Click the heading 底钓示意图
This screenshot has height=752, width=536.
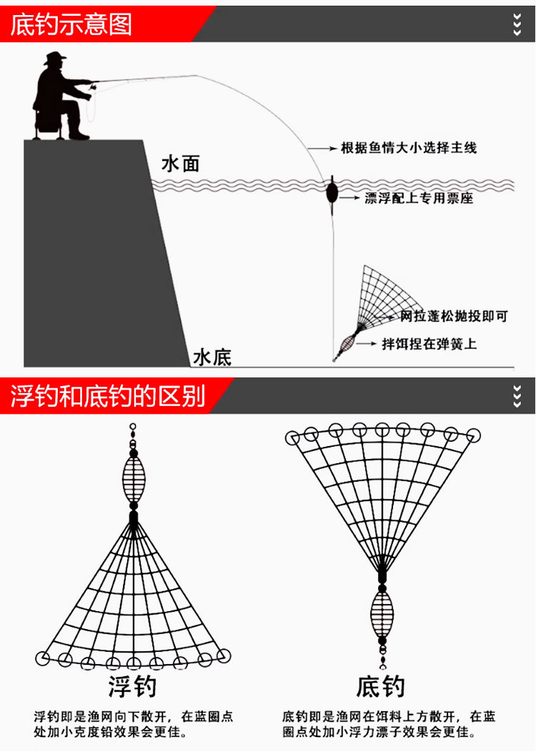coord(71,24)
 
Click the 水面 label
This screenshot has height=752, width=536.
coord(180,164)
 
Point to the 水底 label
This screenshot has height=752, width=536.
coord(212,357)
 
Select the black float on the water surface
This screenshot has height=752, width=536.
coord(331,193)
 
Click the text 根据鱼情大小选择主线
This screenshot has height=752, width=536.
coord(408,149)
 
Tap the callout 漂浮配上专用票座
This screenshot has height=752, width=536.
coord(419,198)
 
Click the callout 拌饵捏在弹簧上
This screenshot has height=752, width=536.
coord(429,344)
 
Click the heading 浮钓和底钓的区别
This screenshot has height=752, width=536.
coord(107,396)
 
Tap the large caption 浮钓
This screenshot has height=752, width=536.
coord(133,687)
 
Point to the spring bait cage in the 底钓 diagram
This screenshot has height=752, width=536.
coord(382,615)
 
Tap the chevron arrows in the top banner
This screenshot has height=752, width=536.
coord(517,24)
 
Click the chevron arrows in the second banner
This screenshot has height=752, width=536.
coord(517,396)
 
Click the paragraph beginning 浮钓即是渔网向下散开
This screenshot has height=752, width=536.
coord(133,724)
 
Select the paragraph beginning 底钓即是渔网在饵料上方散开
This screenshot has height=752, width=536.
coord(389,724)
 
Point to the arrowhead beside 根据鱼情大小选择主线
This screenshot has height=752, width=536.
coord(333,149)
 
